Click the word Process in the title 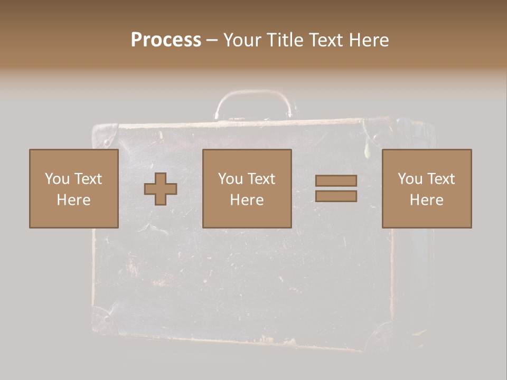pos(166,40)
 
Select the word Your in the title pos(241,40)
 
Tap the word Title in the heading pos(284,40)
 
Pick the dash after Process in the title pos(212,41)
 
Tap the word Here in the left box pos(73,200)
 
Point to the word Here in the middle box pos(247,200)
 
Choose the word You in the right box pos(410,179)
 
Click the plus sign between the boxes pos(161,189)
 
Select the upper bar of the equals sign pos(336,180)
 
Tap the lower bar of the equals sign pos(336,196)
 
